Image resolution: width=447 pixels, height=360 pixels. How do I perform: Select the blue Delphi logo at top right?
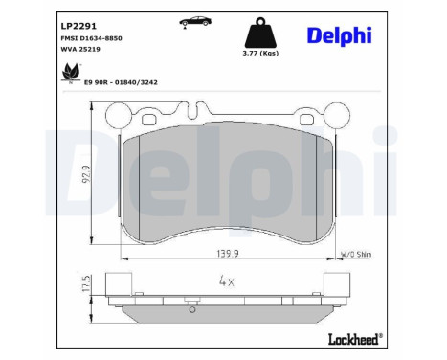(353, 35)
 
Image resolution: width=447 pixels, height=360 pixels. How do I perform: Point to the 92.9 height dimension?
(86, 177)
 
